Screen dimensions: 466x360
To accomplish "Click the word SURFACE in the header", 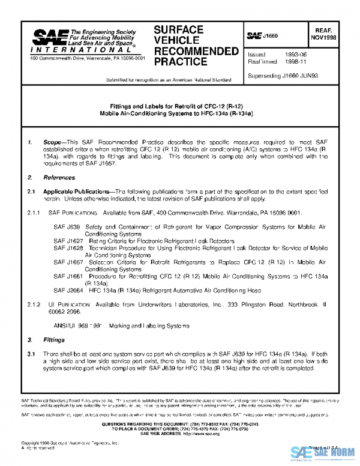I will tap(178, 29).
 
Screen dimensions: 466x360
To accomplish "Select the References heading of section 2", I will tap(59, 178).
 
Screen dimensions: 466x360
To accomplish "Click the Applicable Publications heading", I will tap(78, 191).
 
